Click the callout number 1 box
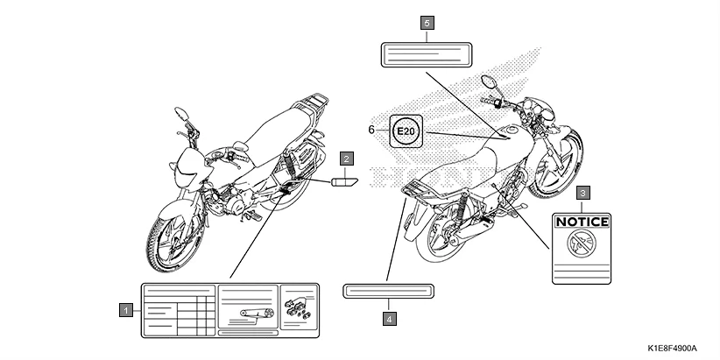[x=128, y=309]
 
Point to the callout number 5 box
[x=427, y=24]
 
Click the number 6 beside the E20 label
[x=371, y=130]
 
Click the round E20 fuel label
[x=406, y=131]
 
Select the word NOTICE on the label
[x=582, y=222]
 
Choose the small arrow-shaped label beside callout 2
[x=343, y=181]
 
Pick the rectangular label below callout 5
[x=426, y=54]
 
